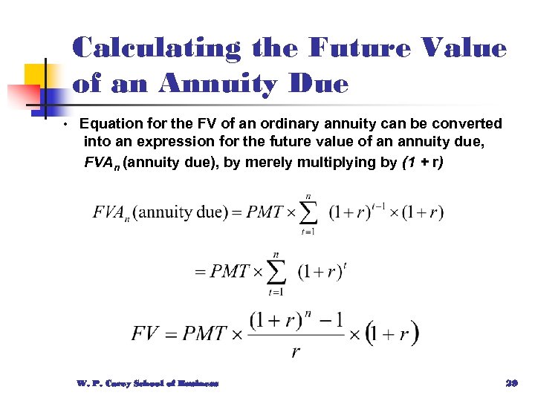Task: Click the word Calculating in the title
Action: (x=157, y=49)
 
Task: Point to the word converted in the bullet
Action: (x=465, y=123)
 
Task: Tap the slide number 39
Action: (x=510, y=383)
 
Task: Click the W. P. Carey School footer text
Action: (x=147, y=383)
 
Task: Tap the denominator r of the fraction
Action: (x=295, y=351)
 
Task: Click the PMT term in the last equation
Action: (x=199, y=333)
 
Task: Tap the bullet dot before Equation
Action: (x=65, y=123)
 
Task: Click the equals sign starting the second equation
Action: (x=199, y=272)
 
